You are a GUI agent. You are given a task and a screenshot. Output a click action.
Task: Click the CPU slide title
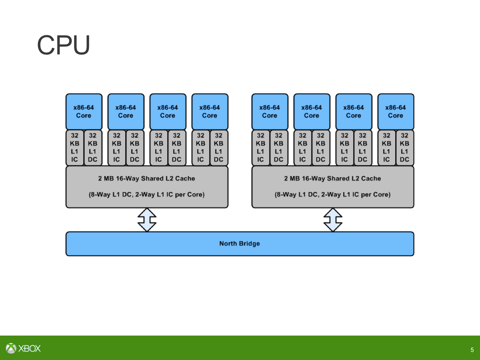coord(64,45)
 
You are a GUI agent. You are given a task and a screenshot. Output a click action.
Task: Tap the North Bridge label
coord(239,244)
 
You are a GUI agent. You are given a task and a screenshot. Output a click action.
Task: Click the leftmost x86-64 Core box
coord(84,112)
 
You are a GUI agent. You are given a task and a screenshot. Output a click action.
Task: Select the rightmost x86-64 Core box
coord(396,112)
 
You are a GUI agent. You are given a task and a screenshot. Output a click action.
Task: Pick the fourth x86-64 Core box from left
coord(210,112)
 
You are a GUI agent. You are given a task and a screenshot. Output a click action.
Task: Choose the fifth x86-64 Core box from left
coord(270,112)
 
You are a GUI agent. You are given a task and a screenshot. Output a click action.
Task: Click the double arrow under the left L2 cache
coord(147,219)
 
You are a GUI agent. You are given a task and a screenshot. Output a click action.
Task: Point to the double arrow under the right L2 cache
coord(333,219)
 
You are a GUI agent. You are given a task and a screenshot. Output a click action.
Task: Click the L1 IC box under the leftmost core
coord(75,147)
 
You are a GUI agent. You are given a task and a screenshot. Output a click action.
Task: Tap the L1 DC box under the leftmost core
coord(93,147)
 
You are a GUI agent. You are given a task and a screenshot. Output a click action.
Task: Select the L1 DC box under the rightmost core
coord(405,147)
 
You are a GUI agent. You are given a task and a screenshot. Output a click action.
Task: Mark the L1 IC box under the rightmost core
coord(386,147)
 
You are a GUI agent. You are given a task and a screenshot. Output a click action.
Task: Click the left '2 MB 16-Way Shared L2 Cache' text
coord(147,178)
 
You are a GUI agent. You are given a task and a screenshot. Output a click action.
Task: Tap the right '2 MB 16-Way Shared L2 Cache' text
coord(333,178)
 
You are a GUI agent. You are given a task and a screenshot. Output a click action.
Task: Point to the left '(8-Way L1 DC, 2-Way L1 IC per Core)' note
coord(147,195)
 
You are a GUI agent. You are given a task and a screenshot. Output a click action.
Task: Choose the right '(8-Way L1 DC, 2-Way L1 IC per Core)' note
coord(333,195)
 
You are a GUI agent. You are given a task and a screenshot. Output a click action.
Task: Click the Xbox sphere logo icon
coord(11,348)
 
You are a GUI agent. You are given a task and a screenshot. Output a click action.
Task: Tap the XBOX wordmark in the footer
coord(30,348)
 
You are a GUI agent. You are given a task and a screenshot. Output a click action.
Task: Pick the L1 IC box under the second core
coord(117,147)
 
